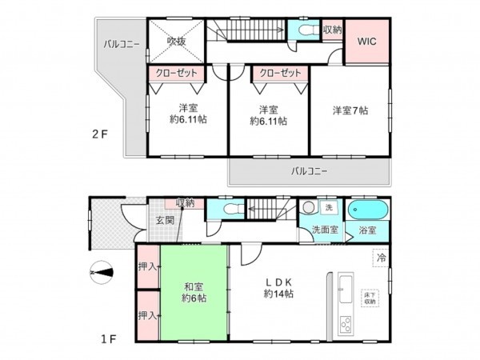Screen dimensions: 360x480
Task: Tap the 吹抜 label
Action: click(176, 42)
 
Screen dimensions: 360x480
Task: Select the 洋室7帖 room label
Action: click(350, 111)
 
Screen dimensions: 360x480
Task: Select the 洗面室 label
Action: click(325, 230)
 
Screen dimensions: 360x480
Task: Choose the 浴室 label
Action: click(369, 230)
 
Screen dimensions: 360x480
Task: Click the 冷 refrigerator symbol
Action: click(382, 258)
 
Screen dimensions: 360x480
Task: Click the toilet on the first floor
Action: click(230, 209)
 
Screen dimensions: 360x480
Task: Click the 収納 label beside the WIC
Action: click(333, 30)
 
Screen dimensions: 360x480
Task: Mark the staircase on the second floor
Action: click(248, 32)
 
